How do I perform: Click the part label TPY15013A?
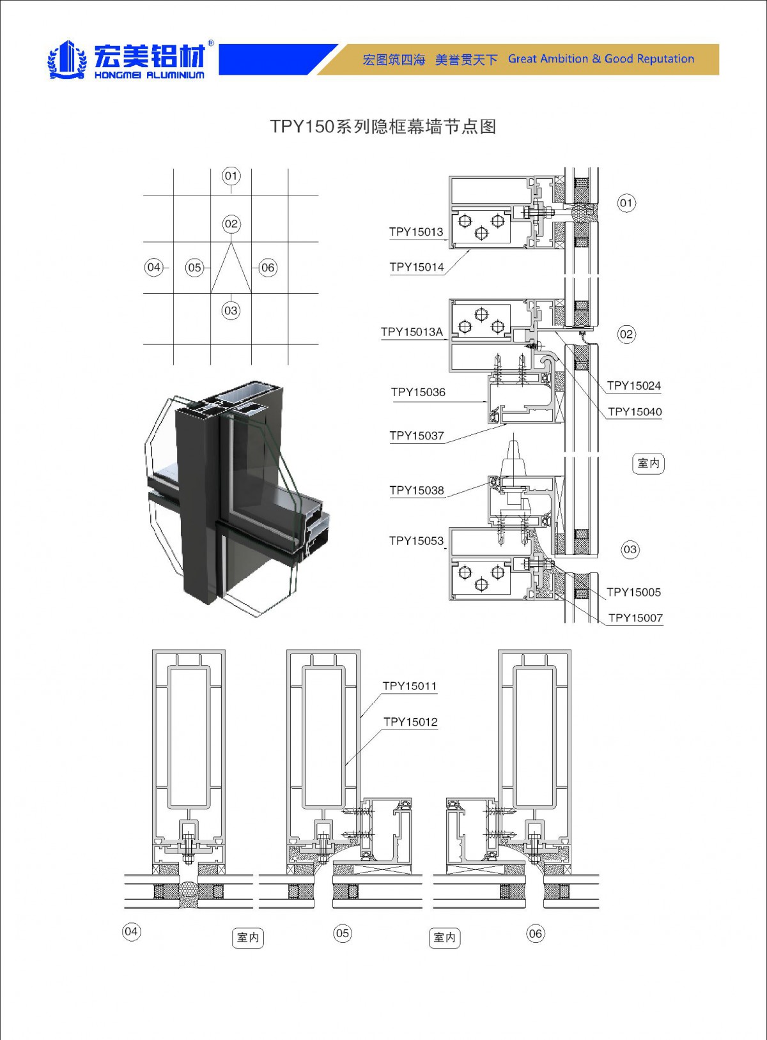[x=412, y=332]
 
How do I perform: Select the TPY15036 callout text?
[x=418, y=392]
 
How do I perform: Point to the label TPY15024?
[x=633, y=385]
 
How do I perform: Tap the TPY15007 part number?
[x=635, y=618]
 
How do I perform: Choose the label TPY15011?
[x=410, y=686]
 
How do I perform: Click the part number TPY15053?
[x=417, y=541]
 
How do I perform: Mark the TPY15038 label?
[x=417, y=490]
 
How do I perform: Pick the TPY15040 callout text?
[x=635, y=412]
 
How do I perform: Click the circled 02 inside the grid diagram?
[x=231, y=224]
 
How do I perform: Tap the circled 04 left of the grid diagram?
[x=154, y=268]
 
